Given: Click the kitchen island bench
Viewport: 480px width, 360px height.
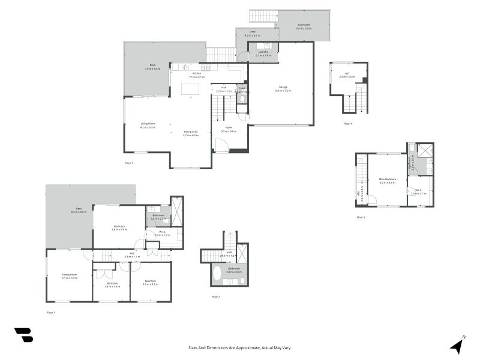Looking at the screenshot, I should (191, 89).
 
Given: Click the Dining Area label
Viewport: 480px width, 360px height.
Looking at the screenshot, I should (191, 133).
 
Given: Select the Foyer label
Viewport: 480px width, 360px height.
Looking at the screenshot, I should (229, 129).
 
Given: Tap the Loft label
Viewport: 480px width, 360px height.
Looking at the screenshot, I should (347, 75).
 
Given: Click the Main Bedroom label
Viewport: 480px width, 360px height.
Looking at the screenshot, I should (387, 181).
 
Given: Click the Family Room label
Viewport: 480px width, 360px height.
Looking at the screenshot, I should (70, 276).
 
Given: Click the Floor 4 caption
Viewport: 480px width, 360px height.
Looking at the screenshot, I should (347, 124).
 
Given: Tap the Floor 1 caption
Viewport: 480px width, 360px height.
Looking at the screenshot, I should (51, 313).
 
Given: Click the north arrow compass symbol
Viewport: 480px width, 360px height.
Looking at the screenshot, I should (458, 344).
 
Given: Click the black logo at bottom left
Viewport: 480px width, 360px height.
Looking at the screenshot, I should (23, 335).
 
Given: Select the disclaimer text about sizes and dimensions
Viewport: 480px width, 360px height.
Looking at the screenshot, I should (240, 347).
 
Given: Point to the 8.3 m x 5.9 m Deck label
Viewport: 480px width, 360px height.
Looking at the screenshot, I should (79, 210).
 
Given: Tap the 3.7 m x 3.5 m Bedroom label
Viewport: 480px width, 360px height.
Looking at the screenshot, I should (151, 282).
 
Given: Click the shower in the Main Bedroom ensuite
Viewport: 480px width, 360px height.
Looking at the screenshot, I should (425, 151).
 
